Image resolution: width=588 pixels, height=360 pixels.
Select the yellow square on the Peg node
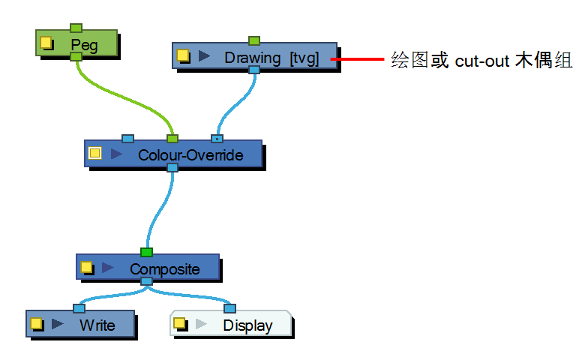(x=46, y=43)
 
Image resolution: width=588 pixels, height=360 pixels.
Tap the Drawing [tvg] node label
(x=271, y=58)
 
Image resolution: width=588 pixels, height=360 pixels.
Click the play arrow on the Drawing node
(x=203, y=56)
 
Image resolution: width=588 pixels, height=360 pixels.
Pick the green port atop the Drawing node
(x=254, y=40)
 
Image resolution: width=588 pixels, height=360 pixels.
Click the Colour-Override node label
(x=190, y=155)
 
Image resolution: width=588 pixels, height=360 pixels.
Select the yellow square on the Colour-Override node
(x=95, y=154)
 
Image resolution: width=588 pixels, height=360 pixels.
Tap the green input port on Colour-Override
(x=172, y=139)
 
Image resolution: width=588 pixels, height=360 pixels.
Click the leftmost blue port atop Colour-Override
(x=127, y=139)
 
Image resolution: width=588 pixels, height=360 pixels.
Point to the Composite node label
(x=164, y=268)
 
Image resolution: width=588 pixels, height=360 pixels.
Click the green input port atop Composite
(x=146, y=252)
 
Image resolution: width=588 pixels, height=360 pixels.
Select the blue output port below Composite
(x=146, y=281)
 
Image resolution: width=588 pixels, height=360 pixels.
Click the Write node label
(x=97, y=325)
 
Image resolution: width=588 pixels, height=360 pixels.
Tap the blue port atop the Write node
(x=79, y=308)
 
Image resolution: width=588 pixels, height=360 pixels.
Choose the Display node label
(x=247, y=325)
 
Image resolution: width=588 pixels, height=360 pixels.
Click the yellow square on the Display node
(x=179, y=323)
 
